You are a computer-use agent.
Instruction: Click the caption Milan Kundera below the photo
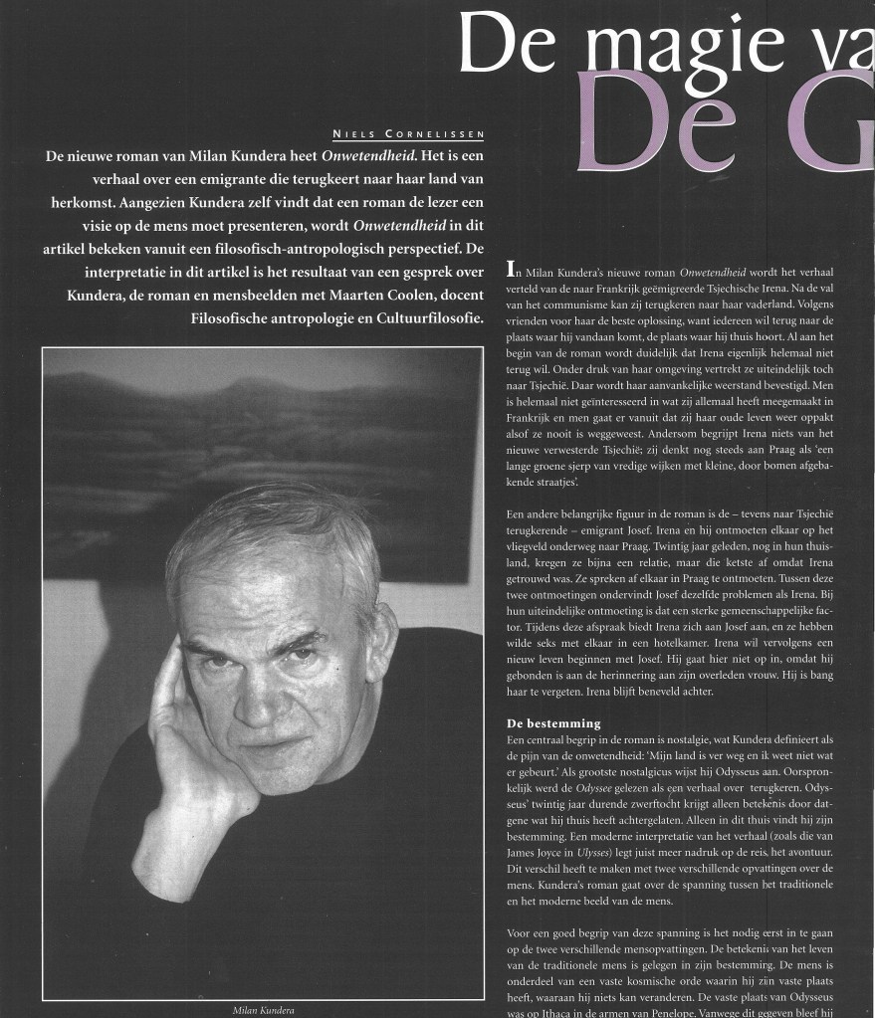click(x=266, y=1009)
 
